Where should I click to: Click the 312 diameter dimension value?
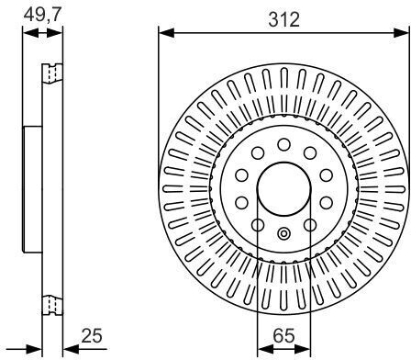283,19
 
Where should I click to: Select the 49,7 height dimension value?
43,15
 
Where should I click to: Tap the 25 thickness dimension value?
92,335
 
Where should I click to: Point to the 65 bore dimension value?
283,335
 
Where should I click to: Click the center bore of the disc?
284,189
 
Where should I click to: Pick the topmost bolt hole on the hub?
284,144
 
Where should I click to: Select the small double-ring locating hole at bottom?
284,234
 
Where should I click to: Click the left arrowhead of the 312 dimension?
167,33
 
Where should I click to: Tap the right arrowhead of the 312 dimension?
401,33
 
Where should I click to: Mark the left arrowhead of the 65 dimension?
265,349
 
